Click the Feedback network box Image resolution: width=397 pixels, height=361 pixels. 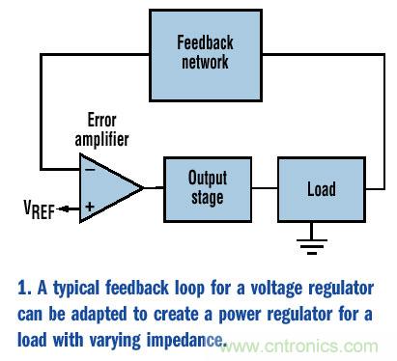tap(206, 55)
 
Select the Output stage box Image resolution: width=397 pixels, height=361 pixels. tap(208, 189)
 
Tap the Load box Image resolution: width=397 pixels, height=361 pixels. tap(322, 189)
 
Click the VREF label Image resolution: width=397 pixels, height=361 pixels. tap(39, 209)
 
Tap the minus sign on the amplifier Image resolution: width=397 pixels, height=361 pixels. tap(90, 169)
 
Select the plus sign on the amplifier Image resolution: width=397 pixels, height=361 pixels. tap(90, 207)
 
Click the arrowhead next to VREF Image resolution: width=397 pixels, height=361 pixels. tap(64, 209)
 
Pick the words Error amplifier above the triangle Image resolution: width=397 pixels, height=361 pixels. tap(101, 130)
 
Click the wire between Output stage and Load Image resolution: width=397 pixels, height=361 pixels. tap(265, 188)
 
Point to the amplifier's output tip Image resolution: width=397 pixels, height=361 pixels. tap(144, 188)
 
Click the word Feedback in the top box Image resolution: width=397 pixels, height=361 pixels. tap(205, 42)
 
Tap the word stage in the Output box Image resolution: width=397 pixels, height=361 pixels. tap(208, 198)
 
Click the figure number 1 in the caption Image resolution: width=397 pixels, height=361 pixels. tap(22, 288)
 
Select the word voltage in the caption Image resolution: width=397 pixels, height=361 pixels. tap(276, 290)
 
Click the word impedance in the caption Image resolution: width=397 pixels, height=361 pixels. tap(184, 341)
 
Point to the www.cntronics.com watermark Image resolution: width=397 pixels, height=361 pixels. tap(299, 347)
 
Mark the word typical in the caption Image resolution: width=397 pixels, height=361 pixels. tap(76, 289)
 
